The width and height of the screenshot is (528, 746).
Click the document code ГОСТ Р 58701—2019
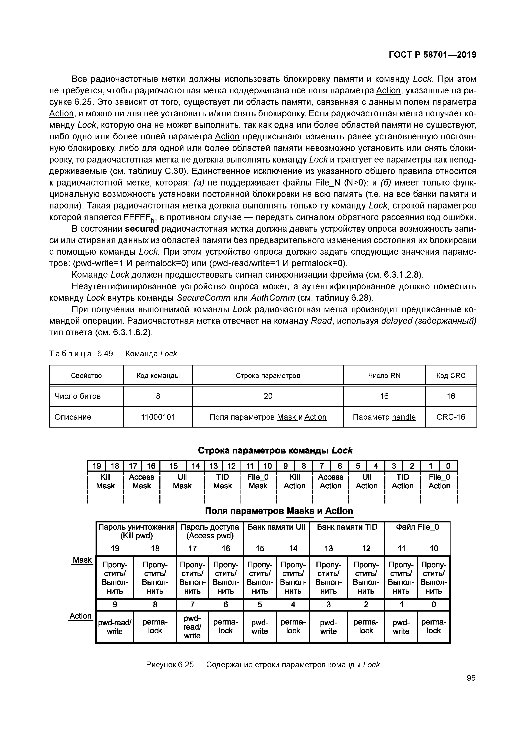click(432, 55)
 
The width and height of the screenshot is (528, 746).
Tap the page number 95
click(471, 678)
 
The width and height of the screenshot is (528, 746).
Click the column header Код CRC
click(451, 376)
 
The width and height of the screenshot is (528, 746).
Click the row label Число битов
click(78, 396)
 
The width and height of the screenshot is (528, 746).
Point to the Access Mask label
click(142, 481)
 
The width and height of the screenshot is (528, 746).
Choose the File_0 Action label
click(439, 481)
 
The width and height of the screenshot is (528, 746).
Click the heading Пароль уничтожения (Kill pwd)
click(136, 531)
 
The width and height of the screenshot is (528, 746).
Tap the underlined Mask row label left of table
click(82, 560)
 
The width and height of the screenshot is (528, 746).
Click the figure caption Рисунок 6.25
click(263, 665)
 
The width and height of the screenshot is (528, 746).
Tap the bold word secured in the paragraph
click(142, 229)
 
